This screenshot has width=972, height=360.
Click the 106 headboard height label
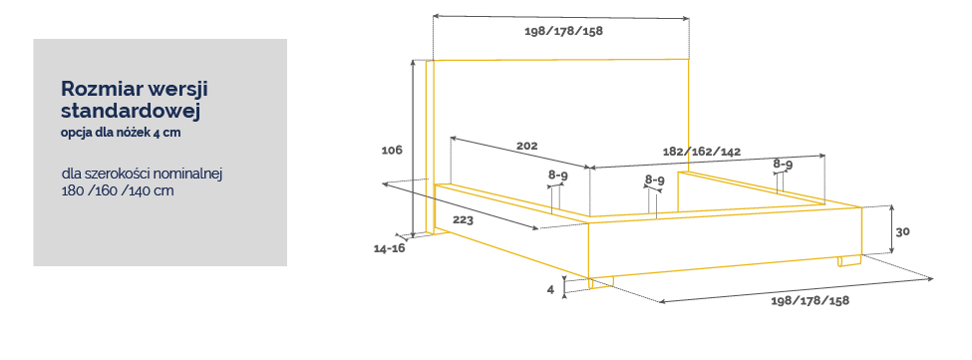tap(392, 150)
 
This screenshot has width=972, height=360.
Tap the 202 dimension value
tap(527, 147)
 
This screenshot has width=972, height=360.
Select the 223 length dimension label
tap(463, 220)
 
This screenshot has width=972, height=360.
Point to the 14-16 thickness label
tap(389, 248)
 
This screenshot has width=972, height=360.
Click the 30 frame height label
tap(902, 231)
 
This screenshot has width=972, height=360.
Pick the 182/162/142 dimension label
tap(702, 152)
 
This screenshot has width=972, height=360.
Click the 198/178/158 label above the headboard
tap(563, 32)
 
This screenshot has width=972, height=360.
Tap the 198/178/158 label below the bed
tap(810, 300)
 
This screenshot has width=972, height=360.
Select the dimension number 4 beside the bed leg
tap(550, 289)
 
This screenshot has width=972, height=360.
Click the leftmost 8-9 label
tap(558, 176)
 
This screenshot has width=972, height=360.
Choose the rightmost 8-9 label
tap(783, 165)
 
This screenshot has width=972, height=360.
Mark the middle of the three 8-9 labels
tap(655, 180)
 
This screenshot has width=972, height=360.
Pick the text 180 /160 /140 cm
tap(118, 190)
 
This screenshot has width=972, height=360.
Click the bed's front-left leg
tap(601, 283)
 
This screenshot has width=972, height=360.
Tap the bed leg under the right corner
tap(849, 261)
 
